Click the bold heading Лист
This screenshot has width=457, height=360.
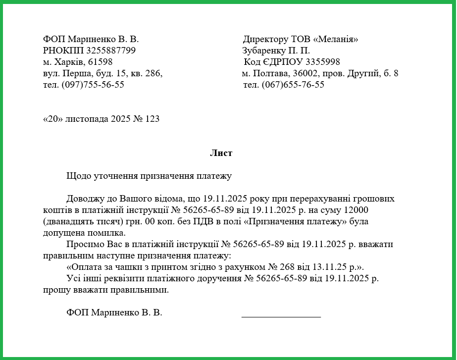[x=221, y=154]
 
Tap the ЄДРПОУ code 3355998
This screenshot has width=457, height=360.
[x=322, y=62]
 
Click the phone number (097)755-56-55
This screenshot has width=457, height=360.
[x=93, y=85]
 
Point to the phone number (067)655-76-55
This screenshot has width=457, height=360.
[x=293, y=85]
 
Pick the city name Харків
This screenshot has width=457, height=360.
[x=67, y=62]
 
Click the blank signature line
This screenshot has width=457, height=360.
[x=281, y=315]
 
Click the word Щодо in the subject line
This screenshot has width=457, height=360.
[x=78, y=176]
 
